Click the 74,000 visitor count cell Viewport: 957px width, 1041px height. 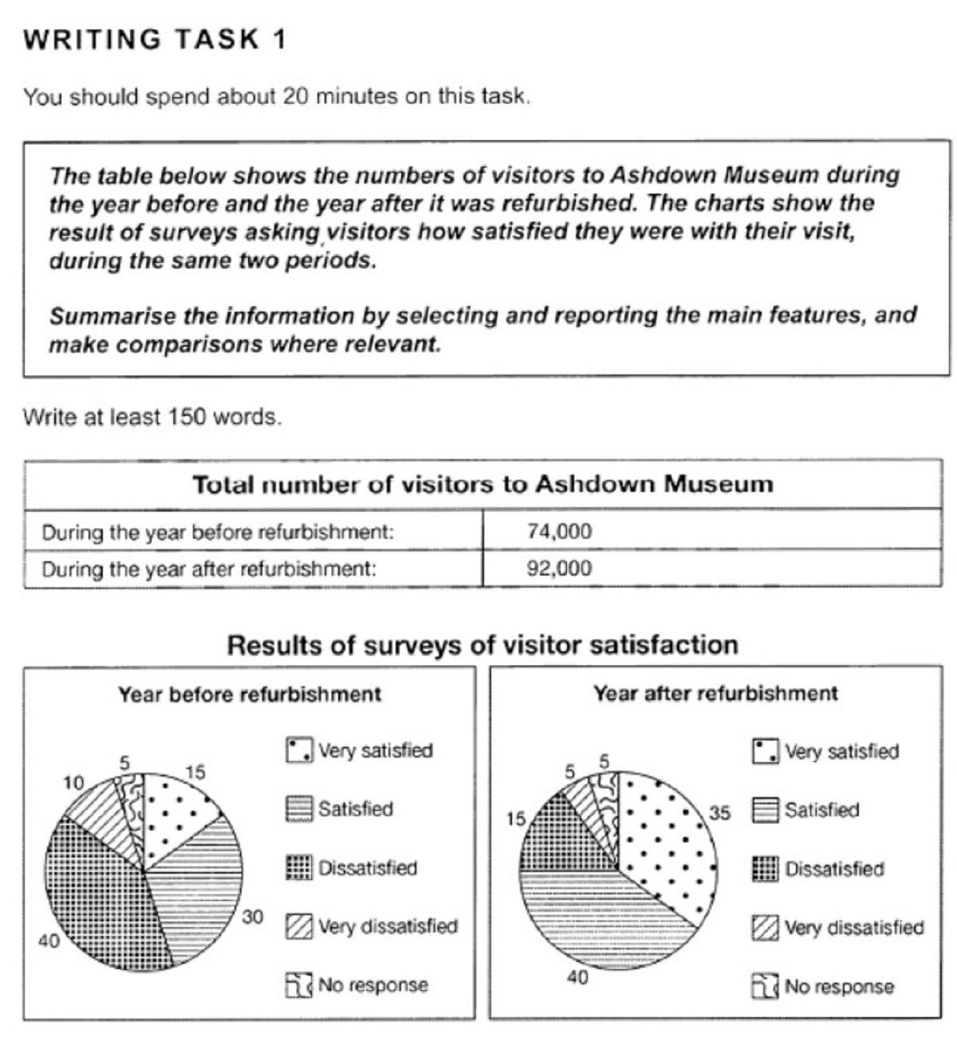click(x=559, y=532)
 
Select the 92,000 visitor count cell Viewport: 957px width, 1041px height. click(x=559, y=569)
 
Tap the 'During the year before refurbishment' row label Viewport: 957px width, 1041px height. click(x=218, y=532)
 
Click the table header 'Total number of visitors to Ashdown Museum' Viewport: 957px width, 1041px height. click(x=482, y=485)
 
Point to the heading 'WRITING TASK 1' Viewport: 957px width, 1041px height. click(x=155, y=40)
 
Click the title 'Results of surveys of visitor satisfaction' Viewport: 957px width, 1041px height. click(x=482, y=644)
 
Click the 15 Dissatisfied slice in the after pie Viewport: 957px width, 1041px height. click(x=550, y=837)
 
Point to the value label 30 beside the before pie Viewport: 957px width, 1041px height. click(x=253, y=917)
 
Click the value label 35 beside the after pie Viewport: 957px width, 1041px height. click(x=719, y=813)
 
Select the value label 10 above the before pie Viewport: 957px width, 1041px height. click(x=73, y=784)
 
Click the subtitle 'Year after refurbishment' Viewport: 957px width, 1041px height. click(x=715, y=693)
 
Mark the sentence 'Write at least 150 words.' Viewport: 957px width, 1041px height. click(x=152, y=416)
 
